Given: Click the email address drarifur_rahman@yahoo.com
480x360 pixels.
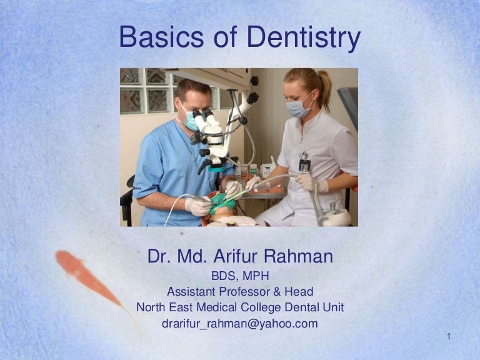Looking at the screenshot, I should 240,324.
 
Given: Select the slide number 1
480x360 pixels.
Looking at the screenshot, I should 449,337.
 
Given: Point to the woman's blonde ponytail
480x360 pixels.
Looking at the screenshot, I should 324,87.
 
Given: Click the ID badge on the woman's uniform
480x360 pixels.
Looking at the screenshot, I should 304,164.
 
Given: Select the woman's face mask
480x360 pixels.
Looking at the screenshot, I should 298,108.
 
